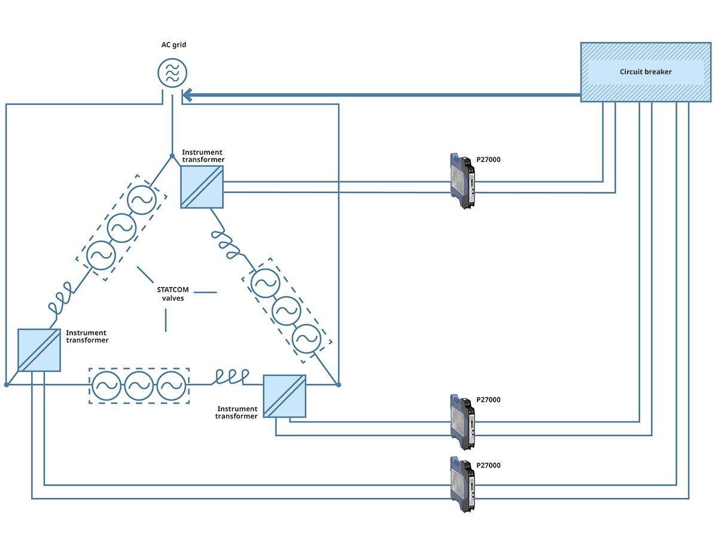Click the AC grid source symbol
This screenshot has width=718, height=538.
[x=172, y=72]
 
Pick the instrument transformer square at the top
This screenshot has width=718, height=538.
[x=202, y=187]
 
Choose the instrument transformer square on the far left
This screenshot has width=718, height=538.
[x=39, y=350]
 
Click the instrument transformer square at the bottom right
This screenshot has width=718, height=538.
[x=284, y=396]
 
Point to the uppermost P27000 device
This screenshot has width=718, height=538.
[x=463, y=181]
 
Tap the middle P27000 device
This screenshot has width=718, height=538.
[x=463, y=421]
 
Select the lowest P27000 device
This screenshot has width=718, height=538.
[x=463, y=484]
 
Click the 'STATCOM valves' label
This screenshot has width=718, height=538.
[x=173, y=294]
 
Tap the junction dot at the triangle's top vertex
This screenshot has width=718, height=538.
[x=172, y=156]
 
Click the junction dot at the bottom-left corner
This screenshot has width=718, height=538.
[x=7, y=384]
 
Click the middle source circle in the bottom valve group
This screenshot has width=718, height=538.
[x=139, y=386]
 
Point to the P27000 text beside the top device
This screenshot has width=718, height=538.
[x=488, y=160]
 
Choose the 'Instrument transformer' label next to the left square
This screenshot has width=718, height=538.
[x=87, y=337]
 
